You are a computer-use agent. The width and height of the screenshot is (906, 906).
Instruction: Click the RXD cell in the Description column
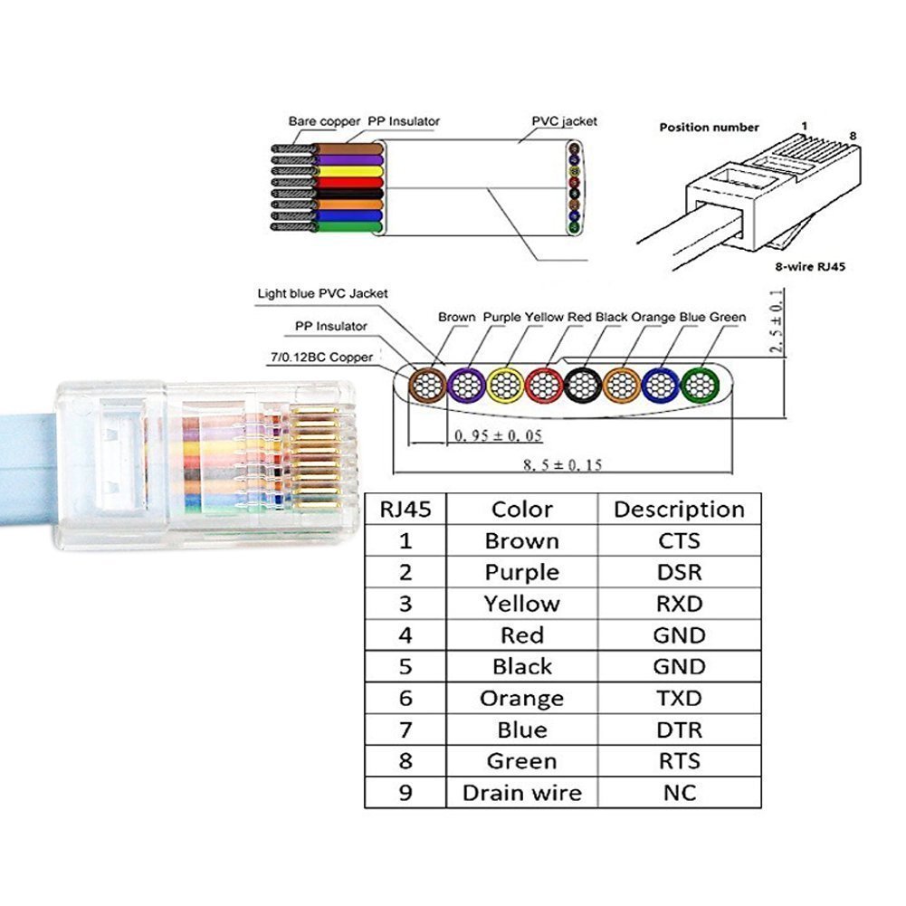tap(679, 604)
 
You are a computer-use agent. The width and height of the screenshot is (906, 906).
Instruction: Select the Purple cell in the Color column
tap(521, 573)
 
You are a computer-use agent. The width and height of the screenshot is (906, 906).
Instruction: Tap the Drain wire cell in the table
tap(521, 793)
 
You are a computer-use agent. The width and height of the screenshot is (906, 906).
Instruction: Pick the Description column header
tap(679, 509)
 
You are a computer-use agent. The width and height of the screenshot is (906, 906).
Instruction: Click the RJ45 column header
tap(405, 509)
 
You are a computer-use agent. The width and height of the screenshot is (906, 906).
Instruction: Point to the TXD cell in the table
tap(679, 698)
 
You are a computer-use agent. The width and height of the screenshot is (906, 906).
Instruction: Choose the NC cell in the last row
tap(679, 793)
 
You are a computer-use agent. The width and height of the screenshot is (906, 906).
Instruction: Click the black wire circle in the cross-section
tap(583, 386)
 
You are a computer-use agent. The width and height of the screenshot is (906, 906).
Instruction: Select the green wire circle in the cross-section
tap(700, 386)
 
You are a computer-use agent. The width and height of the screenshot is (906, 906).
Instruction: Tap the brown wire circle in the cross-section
tap(427, 386)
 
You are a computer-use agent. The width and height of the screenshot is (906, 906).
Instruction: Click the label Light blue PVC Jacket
tap(322, 293)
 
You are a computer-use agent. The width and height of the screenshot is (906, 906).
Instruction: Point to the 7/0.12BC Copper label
tap(322, 358)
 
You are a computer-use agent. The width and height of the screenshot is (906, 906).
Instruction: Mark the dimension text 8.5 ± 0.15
tap(562, 464)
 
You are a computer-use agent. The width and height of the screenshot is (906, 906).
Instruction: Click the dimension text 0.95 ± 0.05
tap(498, 435)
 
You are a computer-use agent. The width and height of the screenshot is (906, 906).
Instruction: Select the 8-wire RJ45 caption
tap(810, 266)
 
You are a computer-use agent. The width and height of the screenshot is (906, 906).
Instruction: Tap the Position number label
tap(709, 127)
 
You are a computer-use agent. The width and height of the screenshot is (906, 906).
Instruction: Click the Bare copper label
tap(324, 121)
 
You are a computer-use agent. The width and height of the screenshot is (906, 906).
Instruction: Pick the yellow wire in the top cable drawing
tap(348, 172)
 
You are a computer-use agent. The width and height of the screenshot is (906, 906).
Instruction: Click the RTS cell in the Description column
tap(679, 761)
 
